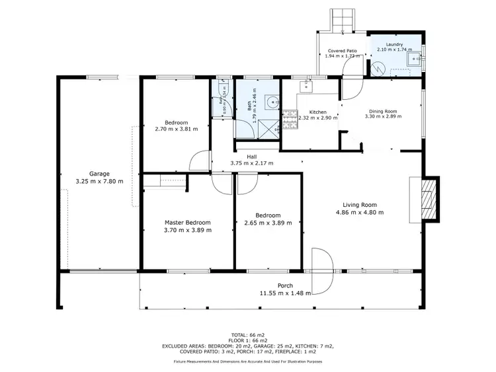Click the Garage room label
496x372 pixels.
click(99, 174)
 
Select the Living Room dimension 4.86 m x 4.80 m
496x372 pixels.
click(359, 212)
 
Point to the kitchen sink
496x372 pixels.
click(306, 85)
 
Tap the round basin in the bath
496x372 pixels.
click(272, 102)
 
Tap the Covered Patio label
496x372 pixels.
click(343, 50)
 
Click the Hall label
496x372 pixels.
click(251, 157)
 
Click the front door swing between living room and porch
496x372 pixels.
click(320, 271)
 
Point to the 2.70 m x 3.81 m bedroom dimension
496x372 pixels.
click(177, 129)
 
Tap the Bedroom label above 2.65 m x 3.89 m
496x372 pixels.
click(269, 215)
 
